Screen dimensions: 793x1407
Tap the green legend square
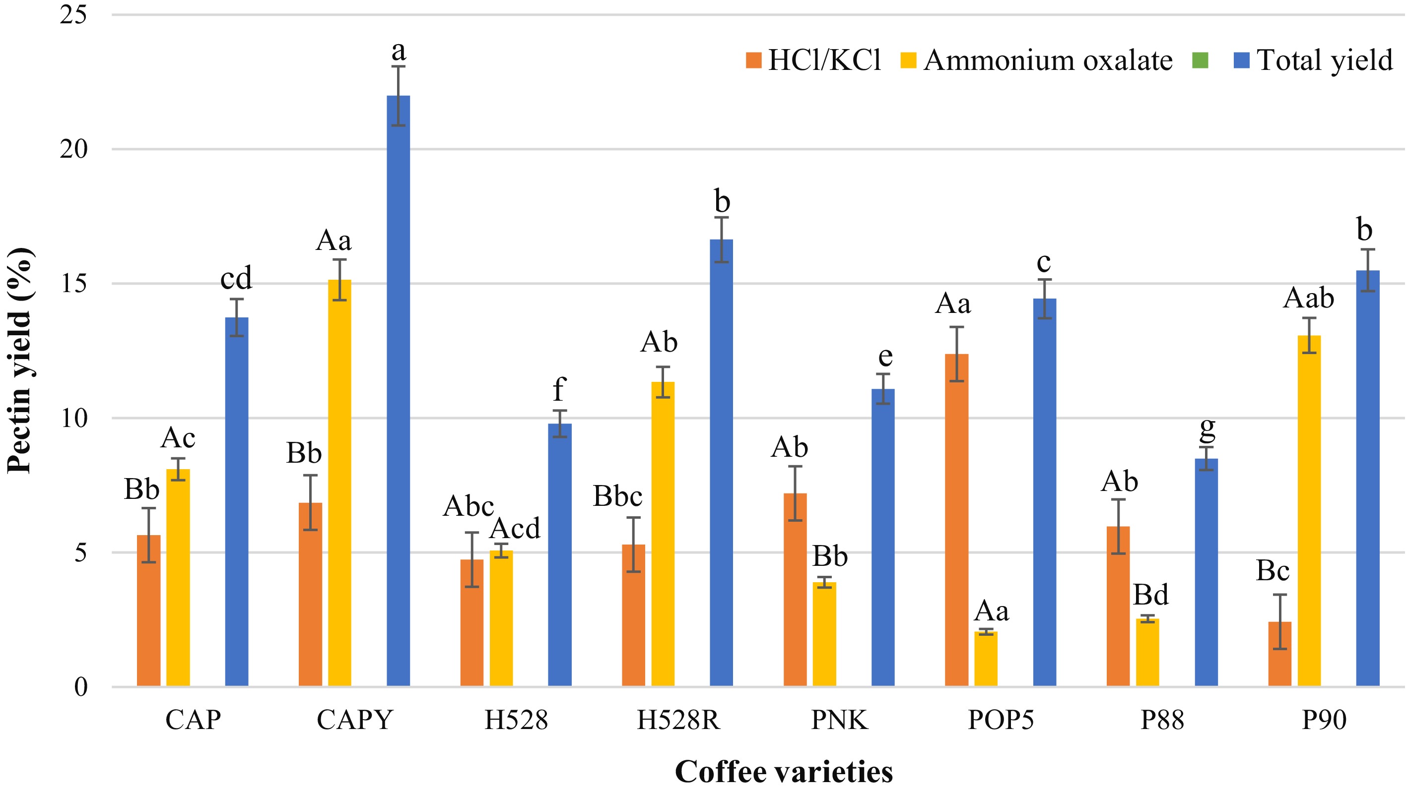pos(1200,60)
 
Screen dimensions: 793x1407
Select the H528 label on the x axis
pos(516,721)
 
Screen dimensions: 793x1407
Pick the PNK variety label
pos(839,721)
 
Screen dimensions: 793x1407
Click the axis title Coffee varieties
pos(783,772)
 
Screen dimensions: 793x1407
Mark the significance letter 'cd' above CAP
pos(236,278)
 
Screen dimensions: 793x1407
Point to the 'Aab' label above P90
pos(1309,298)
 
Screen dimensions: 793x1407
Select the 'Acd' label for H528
pos(515,528)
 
